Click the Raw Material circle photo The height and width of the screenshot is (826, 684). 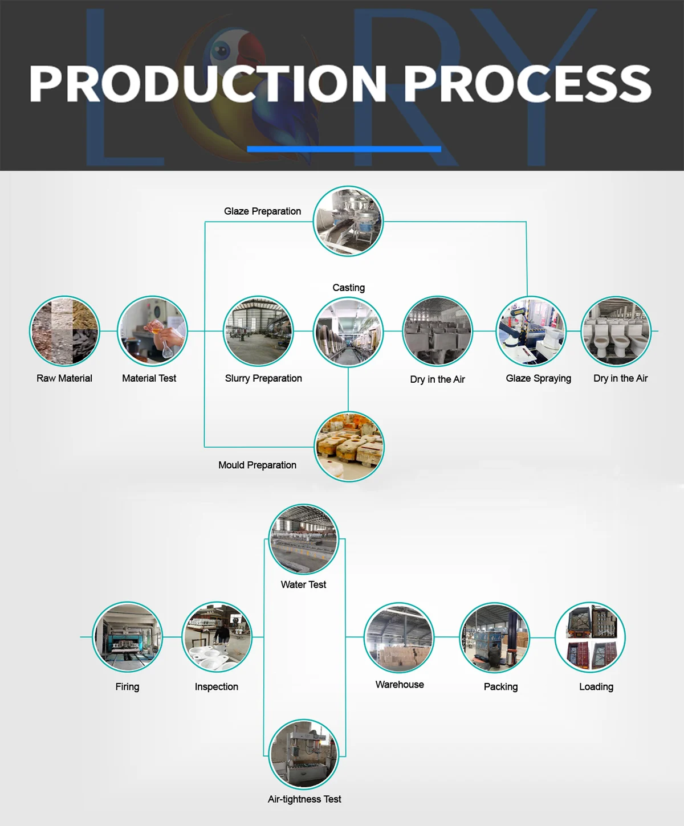[64, 331]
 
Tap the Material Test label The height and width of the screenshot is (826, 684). [149, 378]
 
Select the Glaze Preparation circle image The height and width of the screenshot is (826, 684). [348, 221]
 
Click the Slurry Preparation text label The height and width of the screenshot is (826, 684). [263, 378]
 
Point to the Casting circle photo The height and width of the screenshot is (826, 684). [348, 332]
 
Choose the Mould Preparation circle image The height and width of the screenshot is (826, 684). [349, 447]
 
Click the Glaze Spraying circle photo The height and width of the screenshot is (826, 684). [531, 332]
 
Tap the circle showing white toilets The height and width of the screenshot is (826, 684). [616, 332]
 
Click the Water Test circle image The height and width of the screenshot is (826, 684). [304, 539]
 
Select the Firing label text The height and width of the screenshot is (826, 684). [127, 686]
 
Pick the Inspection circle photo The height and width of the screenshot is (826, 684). [217, 637]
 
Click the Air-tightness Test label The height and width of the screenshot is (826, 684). [304, 799]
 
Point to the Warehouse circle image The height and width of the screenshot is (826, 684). [399, 637]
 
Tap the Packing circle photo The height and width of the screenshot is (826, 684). [495, 637]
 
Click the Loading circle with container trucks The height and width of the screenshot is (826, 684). [591, 637]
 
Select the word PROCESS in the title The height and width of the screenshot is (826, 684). [527, 84]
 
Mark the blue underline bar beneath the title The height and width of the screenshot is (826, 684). [344, 149]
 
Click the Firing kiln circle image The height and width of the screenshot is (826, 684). [128, 637]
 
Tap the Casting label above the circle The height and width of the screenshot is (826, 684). [348, 288]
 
